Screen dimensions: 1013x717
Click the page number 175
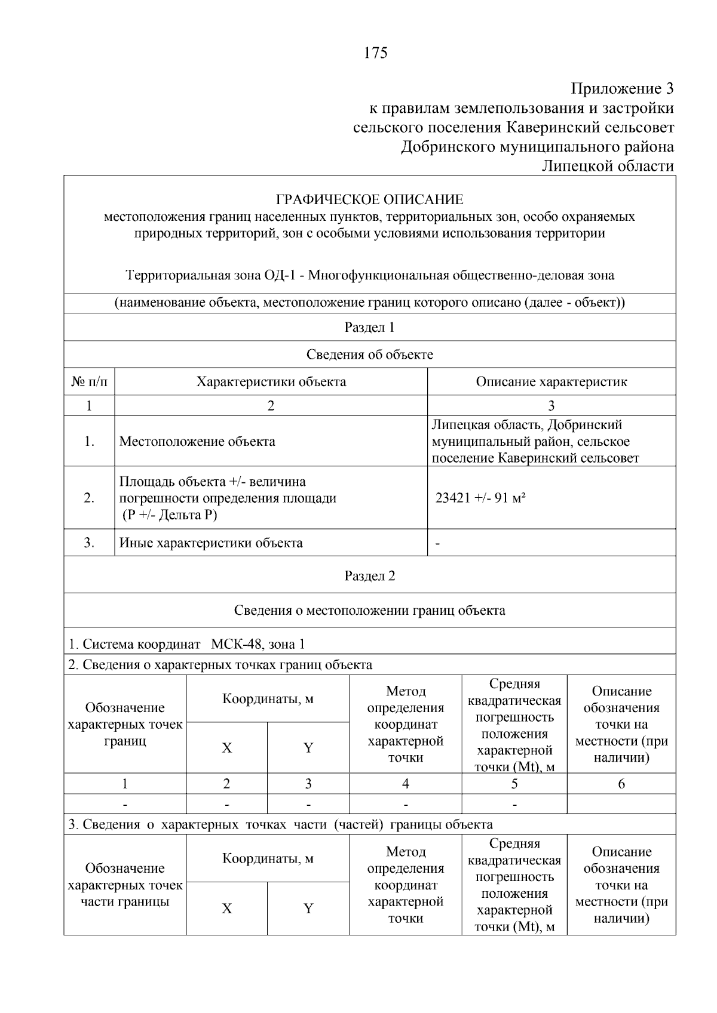[x=375, y=53]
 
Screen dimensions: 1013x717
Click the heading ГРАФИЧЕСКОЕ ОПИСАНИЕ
[x=369, y=199]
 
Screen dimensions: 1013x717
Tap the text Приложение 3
[x=622, y=89]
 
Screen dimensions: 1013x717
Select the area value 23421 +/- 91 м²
[x=480, y=498]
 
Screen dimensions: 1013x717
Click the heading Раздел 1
[x=369, y=327]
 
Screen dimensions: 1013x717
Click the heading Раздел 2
[x=369, y=576]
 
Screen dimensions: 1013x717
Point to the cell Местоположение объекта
[x=197, y=442]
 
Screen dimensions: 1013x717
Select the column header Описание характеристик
[x=551, y=382]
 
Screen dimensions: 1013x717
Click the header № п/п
[x=89, y=382]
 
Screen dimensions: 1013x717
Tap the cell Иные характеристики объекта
[x=211, y=543]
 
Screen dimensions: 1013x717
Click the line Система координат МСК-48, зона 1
[x=186, y=644]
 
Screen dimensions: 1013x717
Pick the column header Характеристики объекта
[x=271, y=382]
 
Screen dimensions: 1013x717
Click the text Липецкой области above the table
[x=607, y=166]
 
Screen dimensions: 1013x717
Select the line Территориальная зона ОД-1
[x=369, y=275]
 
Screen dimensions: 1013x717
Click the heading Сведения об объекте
[x=369, y=355]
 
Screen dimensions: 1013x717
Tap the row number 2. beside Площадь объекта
[x=89, y=498]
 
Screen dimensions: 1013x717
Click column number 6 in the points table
[x=621, y=784]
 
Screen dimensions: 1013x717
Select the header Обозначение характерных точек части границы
[x=125, y=885]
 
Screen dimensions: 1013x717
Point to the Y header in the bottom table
[x=308, y=909]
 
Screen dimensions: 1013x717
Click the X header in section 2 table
[x=226, y=748]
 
